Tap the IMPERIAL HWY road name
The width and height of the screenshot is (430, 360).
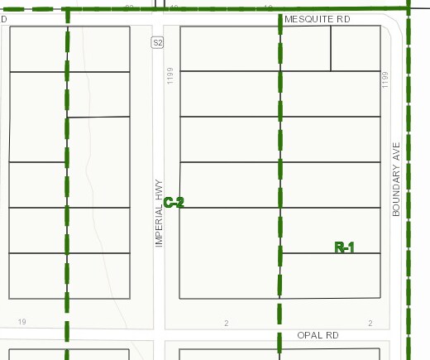click(x=160, y=213)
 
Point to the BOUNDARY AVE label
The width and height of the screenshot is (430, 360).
click(x=396, y=179)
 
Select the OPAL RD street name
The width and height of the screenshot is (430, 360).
click(x=318, y=335)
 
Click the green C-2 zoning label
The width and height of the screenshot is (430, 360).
click(x=174, y=202)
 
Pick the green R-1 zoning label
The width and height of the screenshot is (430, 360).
click(x=344, y=247)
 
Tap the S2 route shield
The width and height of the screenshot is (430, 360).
click(x=157, y=41)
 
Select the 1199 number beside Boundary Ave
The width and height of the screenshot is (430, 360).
click(x=385, y=80)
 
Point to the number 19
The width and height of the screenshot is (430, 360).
click(x=21, y=322)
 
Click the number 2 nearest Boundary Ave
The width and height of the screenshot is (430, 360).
click(x=370, y=323)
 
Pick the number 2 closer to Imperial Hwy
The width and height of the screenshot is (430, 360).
click(x=225, y=323)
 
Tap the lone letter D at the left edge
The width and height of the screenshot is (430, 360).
click(x=3, y=18)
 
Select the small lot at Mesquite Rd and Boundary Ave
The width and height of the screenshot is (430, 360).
click(x=356, y=48)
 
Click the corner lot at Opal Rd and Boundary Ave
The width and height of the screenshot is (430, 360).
click(x=331, y=276)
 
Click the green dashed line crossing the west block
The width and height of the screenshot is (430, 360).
click(x=67, y=166)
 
